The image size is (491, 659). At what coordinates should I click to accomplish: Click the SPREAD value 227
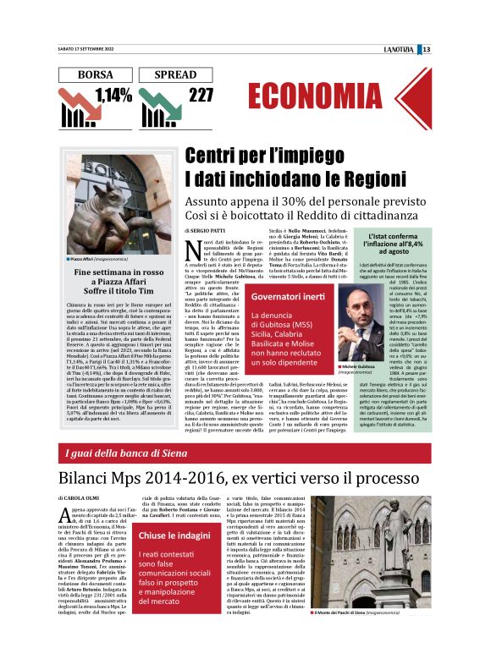[x=201, y=94]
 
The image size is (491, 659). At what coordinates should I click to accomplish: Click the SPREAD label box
[x=180, y=74]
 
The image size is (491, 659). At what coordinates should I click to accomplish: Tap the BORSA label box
[x=95, y=74]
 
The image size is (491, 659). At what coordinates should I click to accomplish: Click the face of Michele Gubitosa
[x=368, y=300]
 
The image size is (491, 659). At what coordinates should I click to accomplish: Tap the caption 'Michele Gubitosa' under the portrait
[x=365, y=343]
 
